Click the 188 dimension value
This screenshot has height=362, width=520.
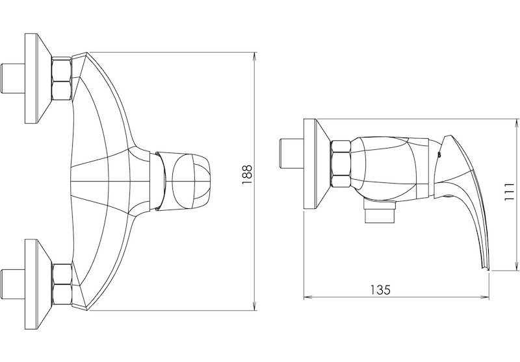247,175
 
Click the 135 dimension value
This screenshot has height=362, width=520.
380,290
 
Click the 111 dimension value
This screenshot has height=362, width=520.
509,191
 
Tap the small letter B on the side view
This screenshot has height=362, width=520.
439,154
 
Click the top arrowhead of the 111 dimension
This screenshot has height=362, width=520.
516,125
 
